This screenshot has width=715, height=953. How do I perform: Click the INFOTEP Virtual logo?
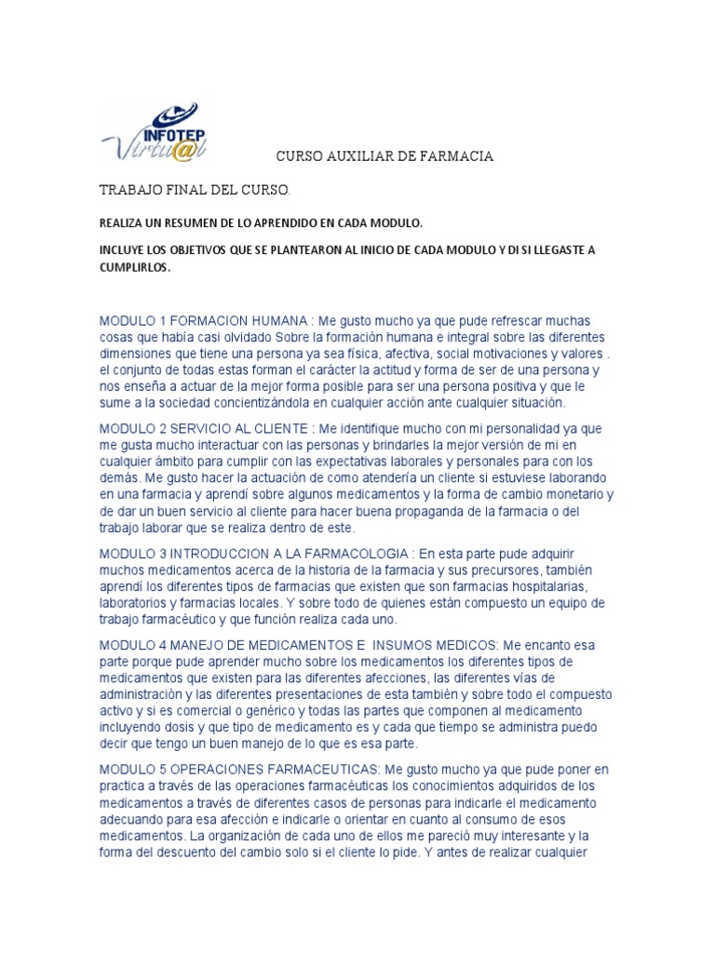[x=154, y=133]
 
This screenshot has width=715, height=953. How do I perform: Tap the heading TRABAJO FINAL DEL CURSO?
[x=195, y=191]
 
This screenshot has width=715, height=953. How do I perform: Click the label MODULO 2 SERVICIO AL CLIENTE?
[x=205, y=428]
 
